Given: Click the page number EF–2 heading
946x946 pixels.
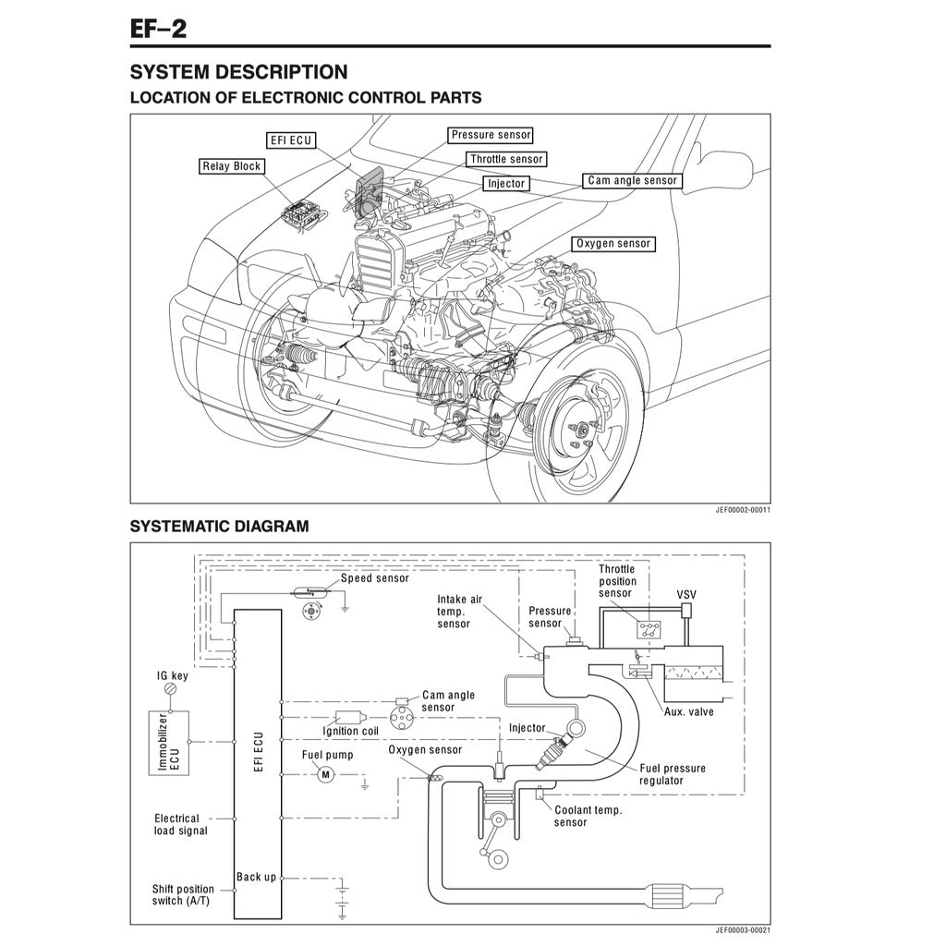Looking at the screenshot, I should click(158, 28).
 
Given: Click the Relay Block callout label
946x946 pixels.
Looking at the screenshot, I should click(231, 167).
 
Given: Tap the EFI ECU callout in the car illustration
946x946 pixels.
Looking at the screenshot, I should click(290, 140).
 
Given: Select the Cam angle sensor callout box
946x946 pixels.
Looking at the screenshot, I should click(632, 181).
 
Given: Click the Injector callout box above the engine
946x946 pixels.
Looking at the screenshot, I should click(506, 184).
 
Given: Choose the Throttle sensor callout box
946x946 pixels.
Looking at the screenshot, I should click(506, 160).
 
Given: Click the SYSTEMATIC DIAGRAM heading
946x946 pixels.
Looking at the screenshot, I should click(219, 527).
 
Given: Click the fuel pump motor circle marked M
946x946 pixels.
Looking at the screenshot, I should click(324, 775).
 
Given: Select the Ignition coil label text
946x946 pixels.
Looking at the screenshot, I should click(350, 732).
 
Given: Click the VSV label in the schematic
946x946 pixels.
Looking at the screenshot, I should click(686, 595).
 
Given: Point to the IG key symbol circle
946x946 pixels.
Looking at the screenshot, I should click(169, 690).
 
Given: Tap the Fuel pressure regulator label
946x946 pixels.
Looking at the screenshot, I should click(672, 774).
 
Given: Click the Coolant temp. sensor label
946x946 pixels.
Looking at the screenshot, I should click(588, 816).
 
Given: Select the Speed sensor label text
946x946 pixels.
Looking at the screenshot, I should click(374, 578).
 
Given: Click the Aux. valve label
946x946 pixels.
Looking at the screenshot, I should click(688, 711).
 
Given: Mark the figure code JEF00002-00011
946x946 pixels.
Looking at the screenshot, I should click(743, 509).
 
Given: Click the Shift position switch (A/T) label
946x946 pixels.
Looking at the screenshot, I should click(183, 894).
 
